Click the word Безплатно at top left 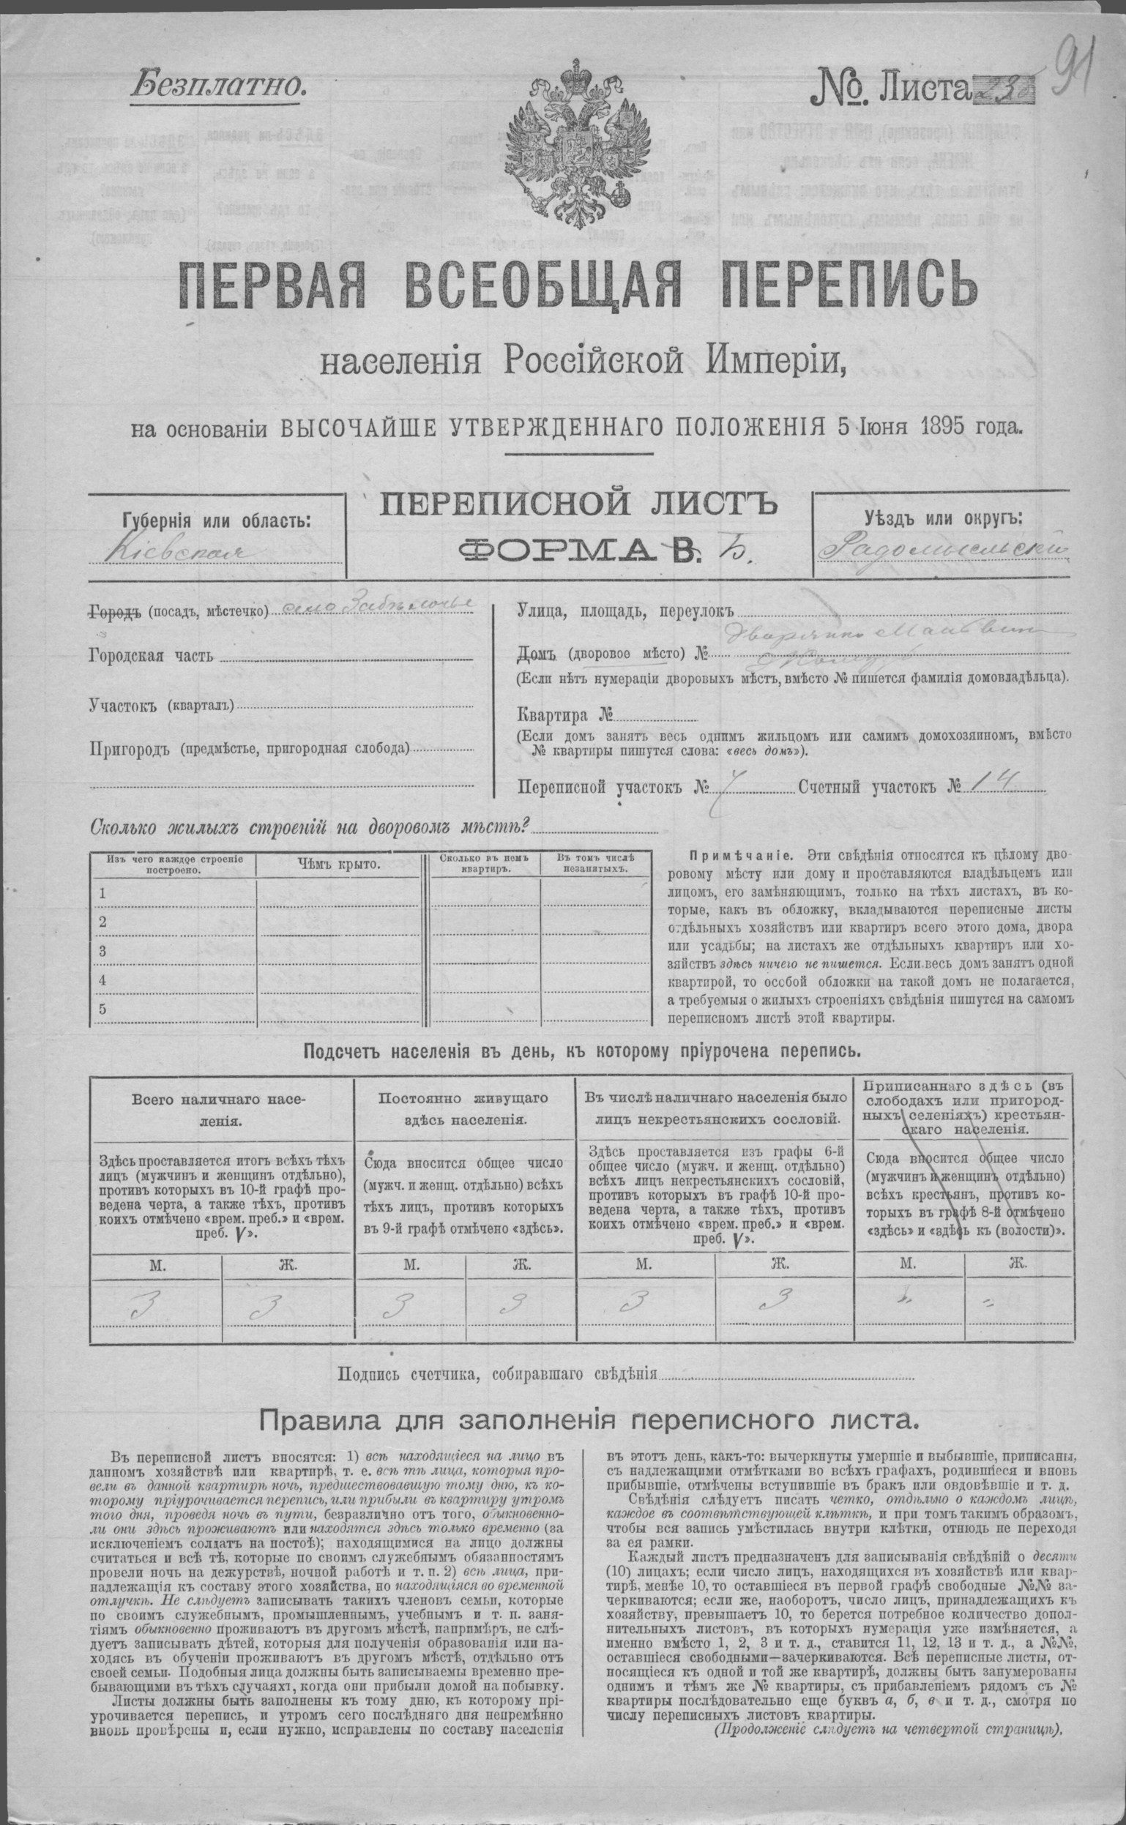coord(218,87)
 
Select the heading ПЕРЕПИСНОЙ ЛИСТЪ coord(578,507)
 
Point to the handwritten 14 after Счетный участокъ coord(997,783)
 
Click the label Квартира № coord(564,715)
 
